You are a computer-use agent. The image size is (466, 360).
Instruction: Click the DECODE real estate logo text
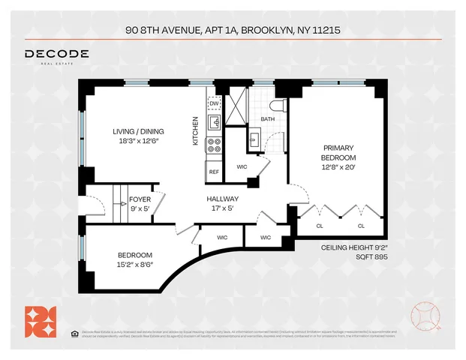57,55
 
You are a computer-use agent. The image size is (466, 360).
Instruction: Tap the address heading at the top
233,31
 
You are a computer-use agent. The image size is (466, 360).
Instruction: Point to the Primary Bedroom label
338,152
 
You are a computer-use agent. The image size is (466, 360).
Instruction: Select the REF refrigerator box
214,172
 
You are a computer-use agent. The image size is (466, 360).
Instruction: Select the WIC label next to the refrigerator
242,166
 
